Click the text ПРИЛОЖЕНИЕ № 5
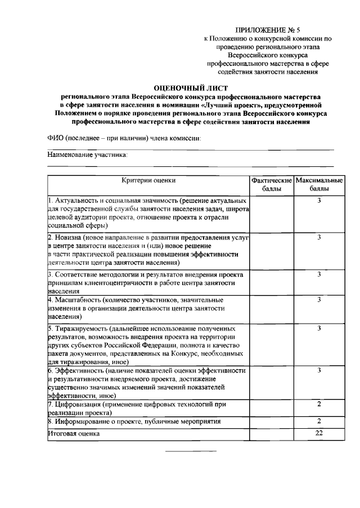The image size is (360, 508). [265, 29]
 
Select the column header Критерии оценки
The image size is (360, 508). [148, 180]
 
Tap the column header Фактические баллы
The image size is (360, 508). [271, 185]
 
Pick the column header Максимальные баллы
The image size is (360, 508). [319, 185]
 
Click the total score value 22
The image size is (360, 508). [319, 434]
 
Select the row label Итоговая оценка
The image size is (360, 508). [73, 434]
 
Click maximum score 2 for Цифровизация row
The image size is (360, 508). [319, 405]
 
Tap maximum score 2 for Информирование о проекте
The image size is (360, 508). [319, 421]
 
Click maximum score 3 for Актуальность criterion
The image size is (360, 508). [319, 201]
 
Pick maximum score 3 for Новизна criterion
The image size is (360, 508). [319, 238]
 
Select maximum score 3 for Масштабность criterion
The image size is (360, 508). [319, 300]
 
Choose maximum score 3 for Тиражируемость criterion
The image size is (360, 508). [319, 328]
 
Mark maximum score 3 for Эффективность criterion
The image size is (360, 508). [319, 371]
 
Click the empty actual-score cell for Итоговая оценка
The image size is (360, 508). [271, 434]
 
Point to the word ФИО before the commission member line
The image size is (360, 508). [55, 138]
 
